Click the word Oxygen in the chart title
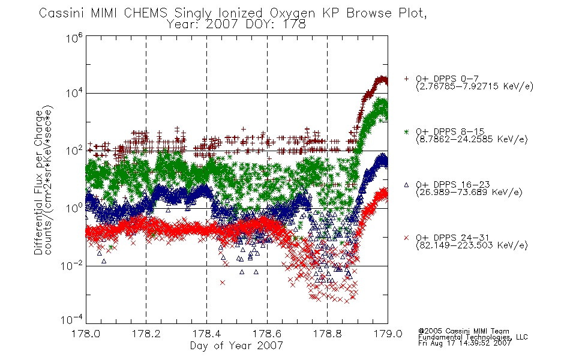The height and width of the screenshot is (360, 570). (x=293, y=14)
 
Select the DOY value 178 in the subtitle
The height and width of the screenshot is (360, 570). (x=295, y=25)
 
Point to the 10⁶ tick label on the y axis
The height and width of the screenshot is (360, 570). (x=75, y=38)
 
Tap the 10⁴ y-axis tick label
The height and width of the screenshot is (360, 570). (x=75, y=93)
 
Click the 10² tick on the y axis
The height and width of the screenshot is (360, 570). (x=75, y=151)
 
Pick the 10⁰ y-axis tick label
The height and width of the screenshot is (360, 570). (x=75, y=208)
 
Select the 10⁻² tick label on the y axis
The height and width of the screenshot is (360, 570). (x=72, y=266)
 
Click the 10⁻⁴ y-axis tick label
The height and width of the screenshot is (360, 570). (x=72, y=319)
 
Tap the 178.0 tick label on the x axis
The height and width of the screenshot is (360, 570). (x=86, y=334)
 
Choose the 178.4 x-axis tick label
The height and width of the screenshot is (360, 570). (x=206, y=334)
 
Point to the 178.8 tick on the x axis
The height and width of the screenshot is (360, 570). (x=327, y=334)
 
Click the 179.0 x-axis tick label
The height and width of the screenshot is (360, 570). (x=388, y=334)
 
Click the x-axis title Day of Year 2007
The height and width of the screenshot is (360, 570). (x=236, y=346)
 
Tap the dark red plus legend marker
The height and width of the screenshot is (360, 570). (x=406, y=79)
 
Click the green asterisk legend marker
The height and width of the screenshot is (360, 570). (x=406, y=131)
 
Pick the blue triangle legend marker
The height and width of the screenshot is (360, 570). (x=406, y=185)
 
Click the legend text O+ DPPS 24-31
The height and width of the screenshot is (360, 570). (x=452, y=238)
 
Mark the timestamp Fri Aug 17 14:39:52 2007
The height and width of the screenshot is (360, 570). (x=465, y=343)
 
